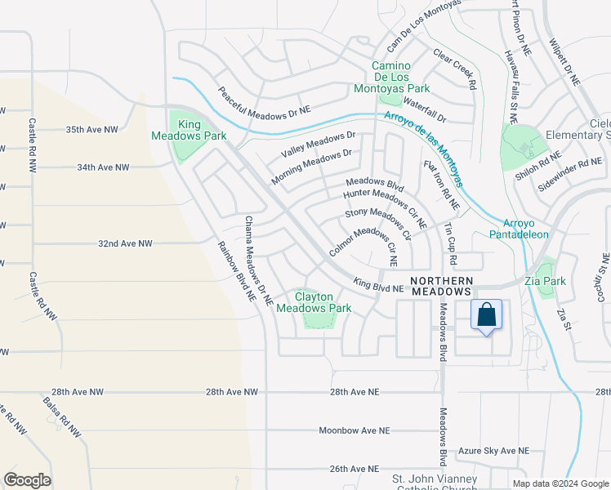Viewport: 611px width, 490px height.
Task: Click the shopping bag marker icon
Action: (x=486, y=315)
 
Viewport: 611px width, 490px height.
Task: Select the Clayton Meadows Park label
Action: (x=314, y=302)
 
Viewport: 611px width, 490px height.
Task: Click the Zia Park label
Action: (x=553, y=281)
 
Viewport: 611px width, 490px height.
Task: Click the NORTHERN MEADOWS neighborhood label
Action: (x=442, y=285)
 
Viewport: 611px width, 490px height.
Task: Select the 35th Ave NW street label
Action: (x=91, y=129)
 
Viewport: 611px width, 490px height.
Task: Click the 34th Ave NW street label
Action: (x=103, y=167)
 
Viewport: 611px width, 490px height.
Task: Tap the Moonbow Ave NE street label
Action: (x=353, y=430)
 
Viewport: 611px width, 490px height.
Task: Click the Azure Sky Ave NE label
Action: (x=493, y=451)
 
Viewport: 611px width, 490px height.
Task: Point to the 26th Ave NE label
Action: (x=355, y=469)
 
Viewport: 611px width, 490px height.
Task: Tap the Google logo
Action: (x=27, y=480)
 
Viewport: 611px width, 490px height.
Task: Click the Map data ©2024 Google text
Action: (x=561, y=483)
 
